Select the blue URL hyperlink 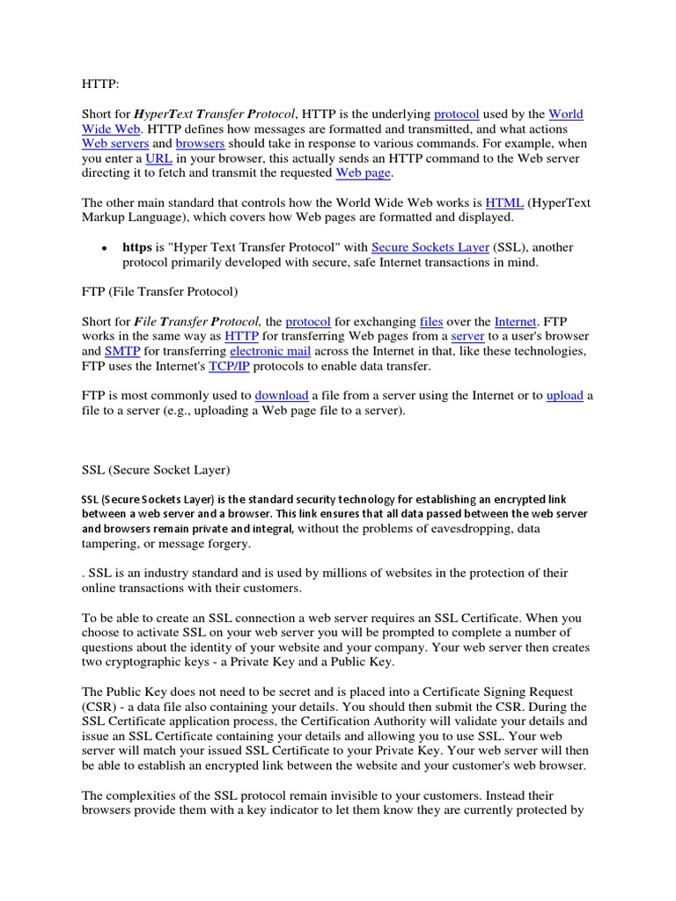pyautogui.click(x=158, y=158)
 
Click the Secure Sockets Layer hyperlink pyautogui.click(x=430, y=247)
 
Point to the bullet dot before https pyautogui.click(x=104, y=249)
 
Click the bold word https pyautogui.click(x=136, y=247)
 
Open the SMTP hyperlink pyautogui.click(x=122, y=351)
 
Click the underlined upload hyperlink pyautogui.click(x=565, y=396)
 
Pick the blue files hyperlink pyautogui.click(x=431, y=321)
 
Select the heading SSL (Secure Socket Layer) pyautogui.click(x=156, y=470)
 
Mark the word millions pyautogui.click(x=356, y=573)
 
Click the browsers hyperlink pyautogui.click(x=200, y=143)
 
